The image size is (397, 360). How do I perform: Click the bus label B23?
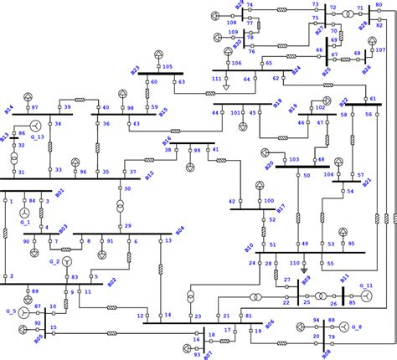coord(135,69)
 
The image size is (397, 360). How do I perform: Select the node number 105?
coord(168,66)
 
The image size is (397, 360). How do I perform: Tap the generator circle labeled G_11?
coord(365,297)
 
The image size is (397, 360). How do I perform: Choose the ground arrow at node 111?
coord(226,87)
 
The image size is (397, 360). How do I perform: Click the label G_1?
coord(23,223)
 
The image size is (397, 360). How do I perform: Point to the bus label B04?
coord(179,229)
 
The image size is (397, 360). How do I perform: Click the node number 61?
coord(373,100)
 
